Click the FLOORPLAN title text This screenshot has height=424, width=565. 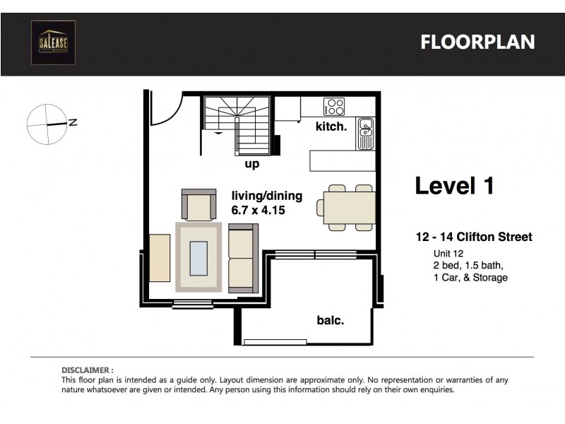477,42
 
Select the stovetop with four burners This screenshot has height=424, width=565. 334,107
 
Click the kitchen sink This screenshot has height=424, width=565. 365,129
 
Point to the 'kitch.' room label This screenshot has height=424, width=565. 331,127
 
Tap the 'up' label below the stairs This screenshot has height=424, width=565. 251,164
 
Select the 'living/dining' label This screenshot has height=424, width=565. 266,196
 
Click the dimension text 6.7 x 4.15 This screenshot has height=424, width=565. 258,210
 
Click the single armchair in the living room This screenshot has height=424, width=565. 199,205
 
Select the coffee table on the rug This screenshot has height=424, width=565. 198,257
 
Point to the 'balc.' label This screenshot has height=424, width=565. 330,320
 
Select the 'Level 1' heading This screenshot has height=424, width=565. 454,186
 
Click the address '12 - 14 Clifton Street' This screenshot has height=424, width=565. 472,237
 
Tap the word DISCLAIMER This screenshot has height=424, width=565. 87,370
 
